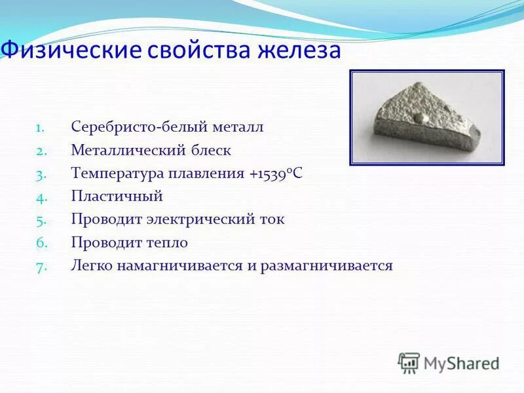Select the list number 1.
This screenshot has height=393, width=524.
click(39, 128)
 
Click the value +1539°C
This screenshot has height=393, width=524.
click(276, 174)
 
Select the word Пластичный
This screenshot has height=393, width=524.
click(117, 196)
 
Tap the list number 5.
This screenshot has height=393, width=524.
click(39, 220)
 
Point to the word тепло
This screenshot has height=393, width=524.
click(166, 242)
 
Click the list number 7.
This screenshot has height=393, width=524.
click(39, 267)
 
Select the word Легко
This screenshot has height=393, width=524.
click(91, 266)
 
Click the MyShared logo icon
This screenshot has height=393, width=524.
click(409, 362)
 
